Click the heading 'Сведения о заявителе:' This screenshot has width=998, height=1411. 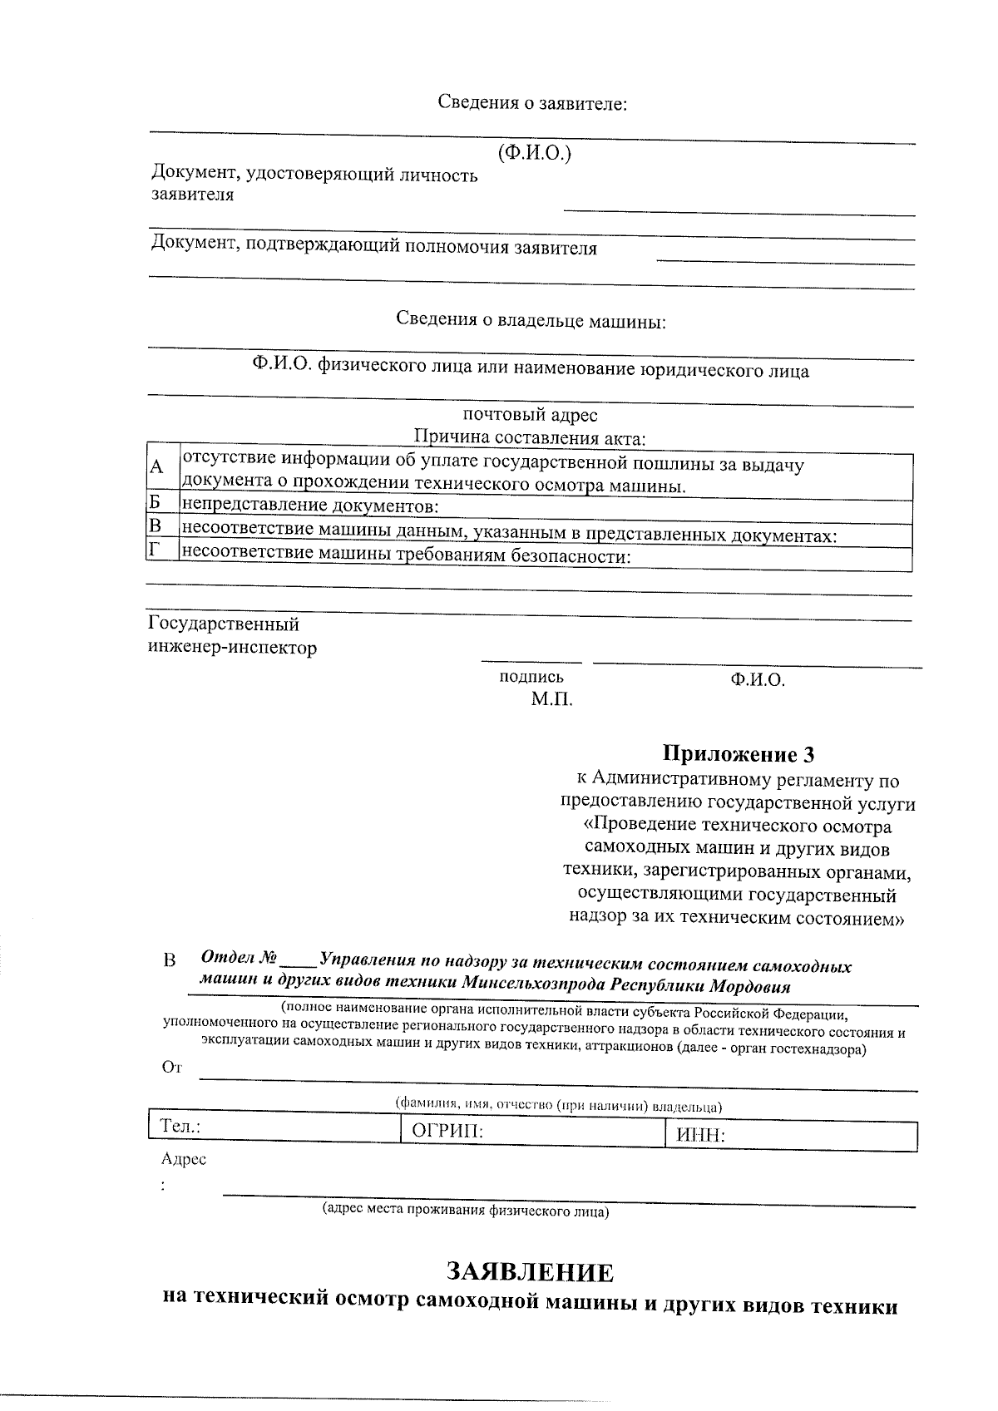[532, 104]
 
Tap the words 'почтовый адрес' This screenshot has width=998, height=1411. [530, 414]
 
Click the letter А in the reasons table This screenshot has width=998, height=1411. [156, 467]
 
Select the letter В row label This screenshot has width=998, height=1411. [154, 525]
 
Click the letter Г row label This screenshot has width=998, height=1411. [153, 550]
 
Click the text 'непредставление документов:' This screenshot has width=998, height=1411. [309, 506]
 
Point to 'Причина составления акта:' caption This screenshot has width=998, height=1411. [530, 437]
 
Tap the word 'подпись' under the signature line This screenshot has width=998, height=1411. [531, 677]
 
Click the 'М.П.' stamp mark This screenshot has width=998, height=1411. [552, 700]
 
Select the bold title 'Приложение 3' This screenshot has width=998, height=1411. [738, 754]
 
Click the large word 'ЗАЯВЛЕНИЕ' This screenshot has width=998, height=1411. [531, 1272]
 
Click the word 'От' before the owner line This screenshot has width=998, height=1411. [171, 1068]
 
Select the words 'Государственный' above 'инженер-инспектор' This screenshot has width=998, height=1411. [223, 624]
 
